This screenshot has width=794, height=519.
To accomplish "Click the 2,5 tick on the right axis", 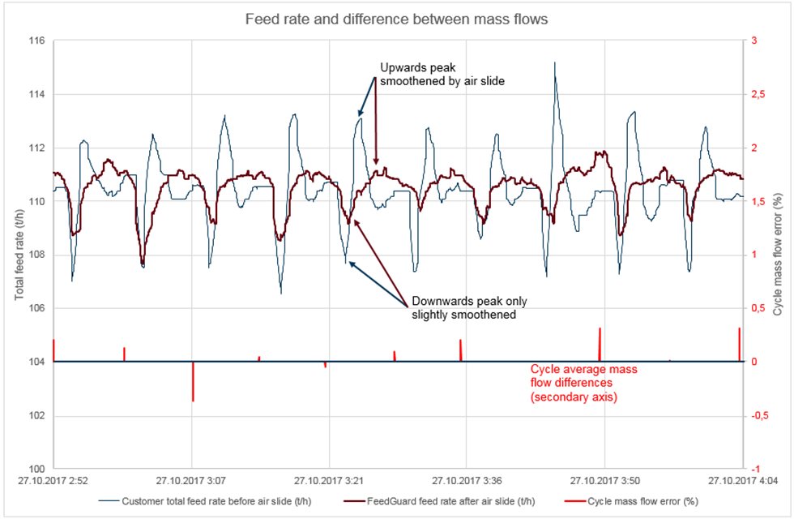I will [762, 94].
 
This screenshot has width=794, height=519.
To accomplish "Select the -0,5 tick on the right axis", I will [762, 415].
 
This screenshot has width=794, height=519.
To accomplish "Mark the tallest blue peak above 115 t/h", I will [555, 62].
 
